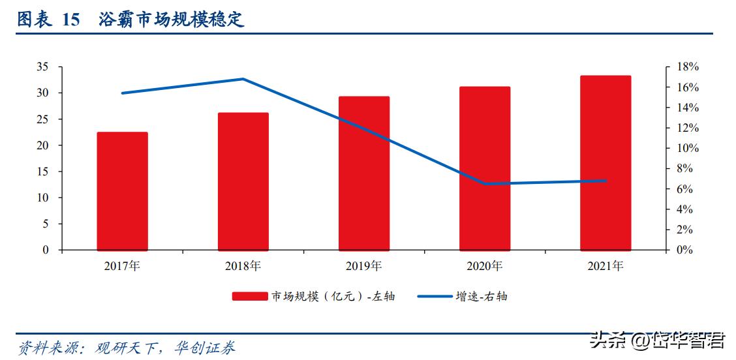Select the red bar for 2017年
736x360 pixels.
pos(122,191)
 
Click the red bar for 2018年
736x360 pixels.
pos(243,181)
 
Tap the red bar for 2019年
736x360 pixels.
pos(363,173)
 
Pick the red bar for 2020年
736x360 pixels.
pos(484,168)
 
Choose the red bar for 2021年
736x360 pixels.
pos(605,162)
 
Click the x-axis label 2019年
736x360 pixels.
pos(363,266)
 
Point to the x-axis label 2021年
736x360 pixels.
pos(605,266)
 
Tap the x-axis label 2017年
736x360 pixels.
pos(122,266)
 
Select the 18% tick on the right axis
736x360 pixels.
pos(687,67)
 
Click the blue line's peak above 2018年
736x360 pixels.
pos(243,79)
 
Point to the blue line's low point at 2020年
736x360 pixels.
pos(484,184)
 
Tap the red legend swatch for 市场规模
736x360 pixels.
pos(249,297)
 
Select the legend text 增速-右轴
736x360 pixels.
pos(481,297)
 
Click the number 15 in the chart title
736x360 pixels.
pos(70,20)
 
